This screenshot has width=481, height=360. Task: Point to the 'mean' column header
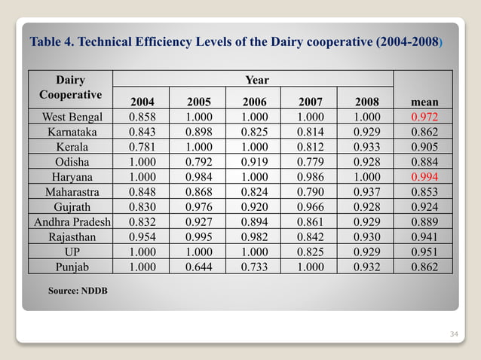coord(422,102)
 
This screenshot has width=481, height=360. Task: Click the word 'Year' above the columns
coord(256,80)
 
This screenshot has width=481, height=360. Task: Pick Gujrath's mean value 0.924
coord(422,206)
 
